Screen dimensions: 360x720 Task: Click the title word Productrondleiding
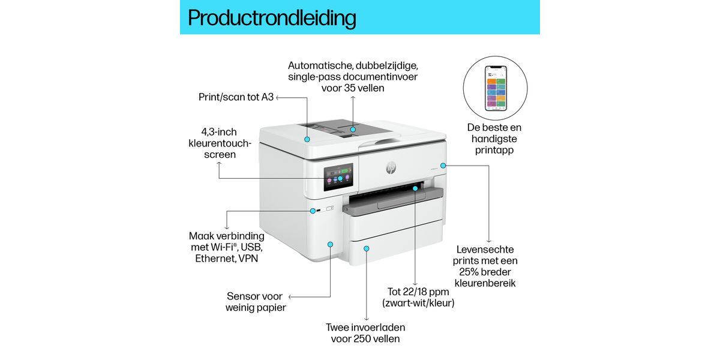coord(272,17)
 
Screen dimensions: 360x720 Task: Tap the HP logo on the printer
coord(391,167)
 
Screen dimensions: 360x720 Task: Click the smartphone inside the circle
coord(496,88)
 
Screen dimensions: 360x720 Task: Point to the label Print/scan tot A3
coord(236,97)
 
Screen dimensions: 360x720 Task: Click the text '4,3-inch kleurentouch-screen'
coord(219,143)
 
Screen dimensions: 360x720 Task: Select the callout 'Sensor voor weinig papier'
coord(255,302)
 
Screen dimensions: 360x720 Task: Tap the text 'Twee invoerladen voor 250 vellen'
coord(365,333)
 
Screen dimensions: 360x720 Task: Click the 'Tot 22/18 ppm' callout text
coord(418,297)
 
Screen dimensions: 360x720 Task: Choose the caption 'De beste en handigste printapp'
coord(494,139)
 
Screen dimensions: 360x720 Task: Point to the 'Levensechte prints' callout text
coord(485,266)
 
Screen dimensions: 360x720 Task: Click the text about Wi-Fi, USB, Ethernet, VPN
coord(226,247)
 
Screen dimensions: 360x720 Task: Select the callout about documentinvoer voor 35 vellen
coord(353,77)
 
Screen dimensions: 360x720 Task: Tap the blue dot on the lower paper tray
coord(367,248)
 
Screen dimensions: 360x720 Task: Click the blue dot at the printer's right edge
coord(443,165)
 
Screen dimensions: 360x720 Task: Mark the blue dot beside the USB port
coord(312,211)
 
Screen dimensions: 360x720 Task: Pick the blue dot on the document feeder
coord(353,129)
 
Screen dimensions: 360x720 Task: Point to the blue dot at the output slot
coord(415,188)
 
